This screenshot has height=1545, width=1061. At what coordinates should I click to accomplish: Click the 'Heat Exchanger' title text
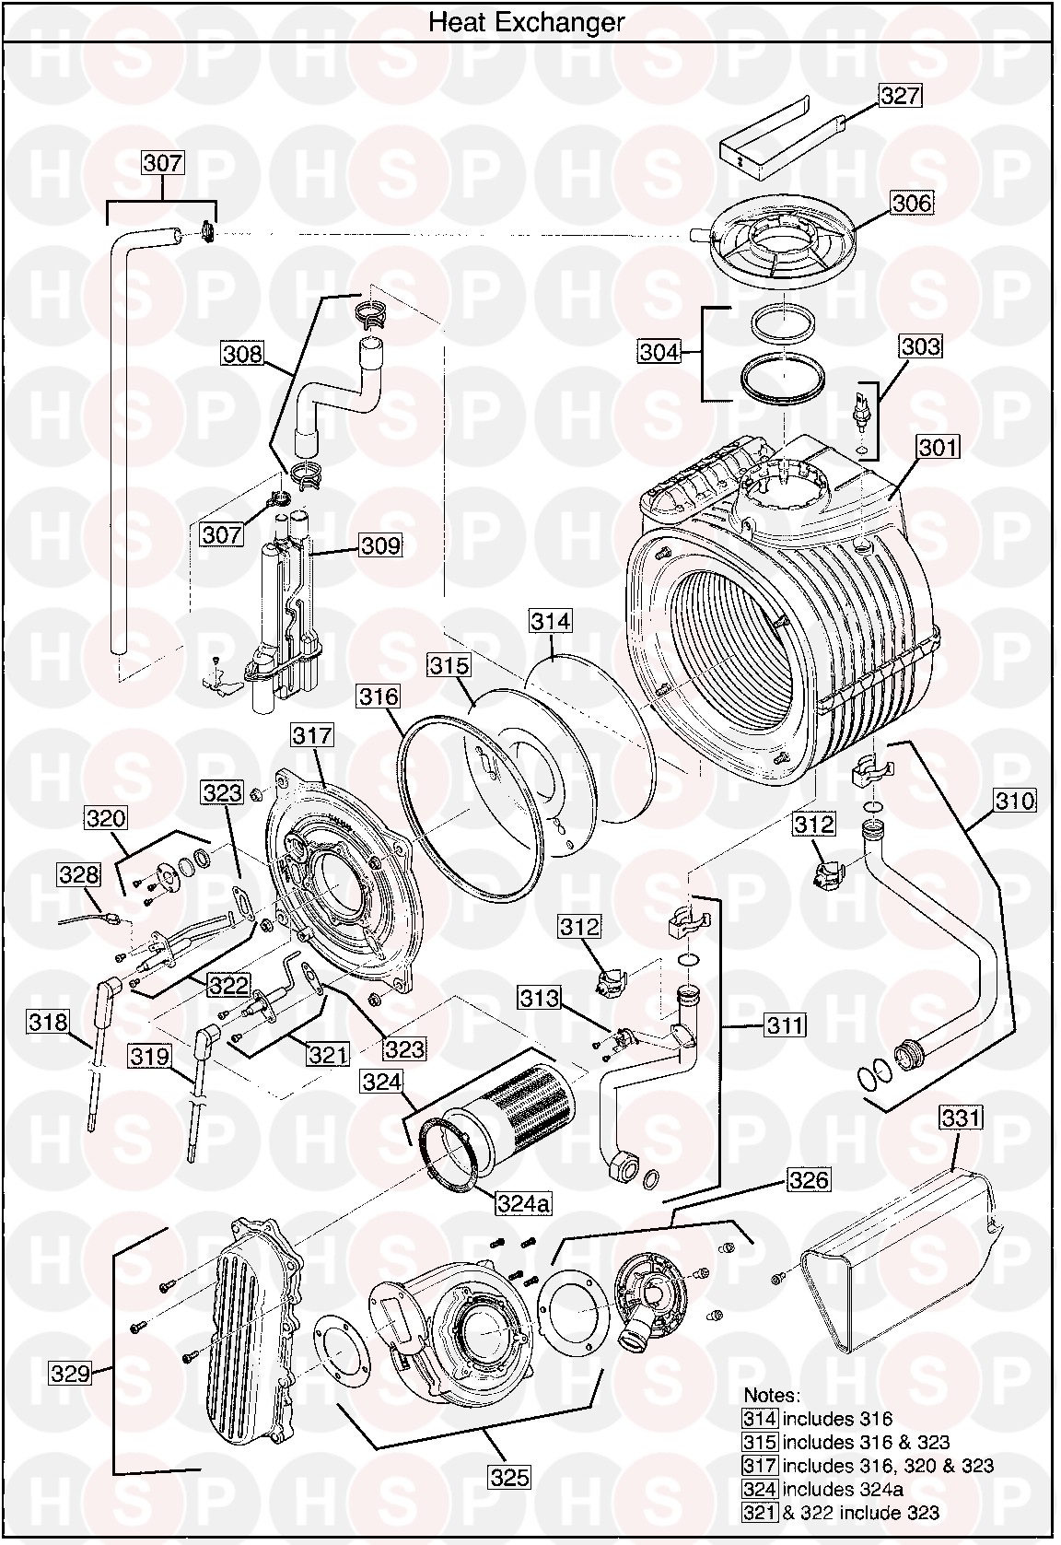click(526, 22)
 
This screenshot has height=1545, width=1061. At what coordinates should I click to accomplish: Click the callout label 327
click(900, 95)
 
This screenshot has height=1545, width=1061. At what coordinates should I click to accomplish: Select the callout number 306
click(911, 202)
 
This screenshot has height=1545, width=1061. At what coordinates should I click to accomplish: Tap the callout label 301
click(939, 448)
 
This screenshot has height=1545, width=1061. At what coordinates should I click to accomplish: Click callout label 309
click(380, 545)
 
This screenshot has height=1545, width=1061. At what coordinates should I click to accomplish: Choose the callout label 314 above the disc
click(550, 621)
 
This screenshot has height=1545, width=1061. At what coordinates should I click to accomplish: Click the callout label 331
click(961, 1118)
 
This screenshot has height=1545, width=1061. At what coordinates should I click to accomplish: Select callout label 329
click(70, 1399)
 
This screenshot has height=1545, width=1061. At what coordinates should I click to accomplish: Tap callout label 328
click(78, 873)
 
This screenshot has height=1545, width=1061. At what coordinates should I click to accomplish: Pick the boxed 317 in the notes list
click(760, 1465)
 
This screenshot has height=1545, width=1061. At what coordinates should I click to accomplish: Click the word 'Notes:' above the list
click(772, 1395)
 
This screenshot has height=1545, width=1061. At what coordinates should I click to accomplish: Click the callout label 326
click(808, 1179)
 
